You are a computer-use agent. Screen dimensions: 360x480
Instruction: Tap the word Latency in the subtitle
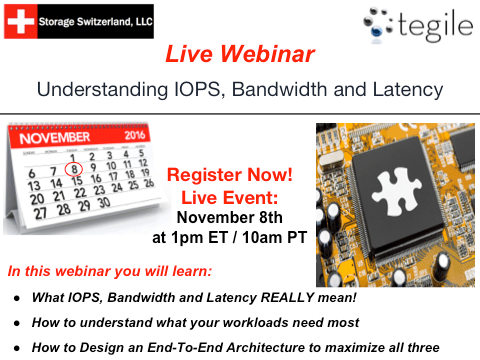click(405, 88)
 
